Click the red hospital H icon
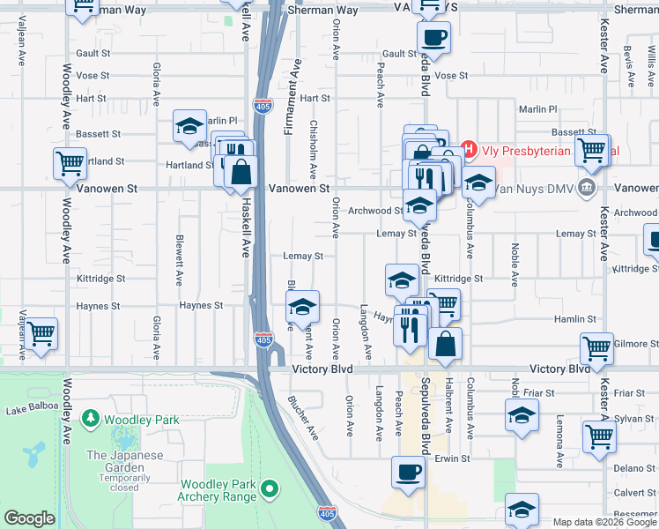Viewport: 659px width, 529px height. point(470,151)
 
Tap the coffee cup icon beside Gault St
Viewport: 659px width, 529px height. point(433,38)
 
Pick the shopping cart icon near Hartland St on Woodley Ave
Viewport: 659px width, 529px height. point(70,163)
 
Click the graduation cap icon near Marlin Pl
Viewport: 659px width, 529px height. point(189,128)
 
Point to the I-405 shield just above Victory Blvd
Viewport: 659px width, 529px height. point(263,339)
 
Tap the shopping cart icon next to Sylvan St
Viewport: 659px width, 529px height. point(599,435)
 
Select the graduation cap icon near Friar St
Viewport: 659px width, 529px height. point(522,415)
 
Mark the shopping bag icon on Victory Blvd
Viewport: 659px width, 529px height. point(446,344)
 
